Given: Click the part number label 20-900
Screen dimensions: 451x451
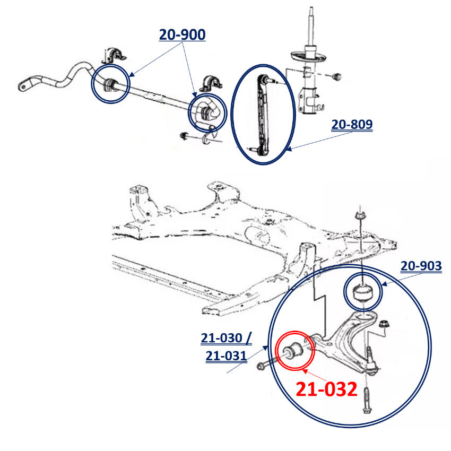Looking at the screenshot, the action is (x=182, y=34).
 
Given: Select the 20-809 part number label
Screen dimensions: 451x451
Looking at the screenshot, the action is (x=352, y=124).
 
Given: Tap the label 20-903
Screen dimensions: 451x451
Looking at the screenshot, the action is (x=421, y=266).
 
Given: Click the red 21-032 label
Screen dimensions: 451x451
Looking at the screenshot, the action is (x=326, y=389).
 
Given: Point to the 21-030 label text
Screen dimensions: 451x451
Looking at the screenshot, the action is (x=221, y=338).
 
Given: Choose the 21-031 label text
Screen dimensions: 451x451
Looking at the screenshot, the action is (x=226, y=356).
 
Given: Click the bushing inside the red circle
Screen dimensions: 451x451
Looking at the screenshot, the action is (x=292, y=350).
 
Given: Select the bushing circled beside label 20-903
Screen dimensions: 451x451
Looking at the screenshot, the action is (x=363, y=292).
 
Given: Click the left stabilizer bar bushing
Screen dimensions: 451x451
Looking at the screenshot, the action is (x=109, y=85).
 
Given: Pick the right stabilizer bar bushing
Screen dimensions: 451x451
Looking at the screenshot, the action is (x=205, y=113).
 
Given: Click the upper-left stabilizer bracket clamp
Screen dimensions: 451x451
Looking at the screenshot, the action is (x=115, y=55).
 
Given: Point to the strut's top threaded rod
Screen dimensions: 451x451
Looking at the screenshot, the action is (x=310, y=27).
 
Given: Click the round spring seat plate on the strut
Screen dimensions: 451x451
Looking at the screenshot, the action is (x=309, y=56).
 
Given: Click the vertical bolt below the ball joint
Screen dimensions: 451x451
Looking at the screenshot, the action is (x=367, y=400).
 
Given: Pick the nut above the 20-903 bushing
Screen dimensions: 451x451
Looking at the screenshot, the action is (x=360, y=215).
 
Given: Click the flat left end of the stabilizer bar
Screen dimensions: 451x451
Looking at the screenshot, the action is (x=25, y=84).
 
